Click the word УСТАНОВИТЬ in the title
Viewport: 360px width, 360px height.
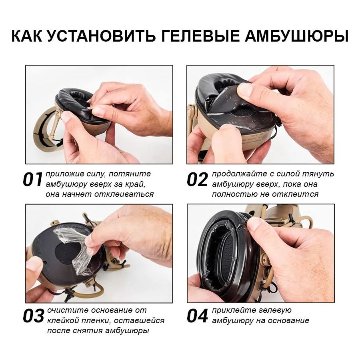[100, 36]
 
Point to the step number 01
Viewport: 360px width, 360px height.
[32, 180]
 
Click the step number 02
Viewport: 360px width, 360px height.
[197, 180]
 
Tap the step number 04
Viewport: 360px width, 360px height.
[197, 316]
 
